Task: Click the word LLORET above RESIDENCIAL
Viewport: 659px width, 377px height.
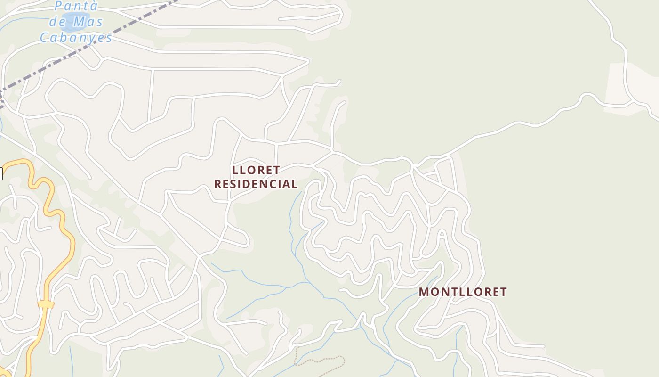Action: [x=256, y=170]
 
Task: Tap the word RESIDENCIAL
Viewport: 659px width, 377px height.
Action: [x=256, y=184]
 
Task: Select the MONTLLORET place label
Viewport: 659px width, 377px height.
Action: [x=463, y=292]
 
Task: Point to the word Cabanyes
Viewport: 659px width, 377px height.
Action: [x=76, y=37]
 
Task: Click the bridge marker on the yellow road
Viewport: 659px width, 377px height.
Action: [x=46, y=304]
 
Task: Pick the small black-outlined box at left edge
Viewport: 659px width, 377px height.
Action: [x=0, y=174]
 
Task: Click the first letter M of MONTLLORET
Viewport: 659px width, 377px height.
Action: [x=424, y=292]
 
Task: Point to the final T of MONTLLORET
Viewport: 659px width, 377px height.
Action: [x=503, y=292]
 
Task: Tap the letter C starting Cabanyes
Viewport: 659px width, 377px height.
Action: [x=45, y=37]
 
